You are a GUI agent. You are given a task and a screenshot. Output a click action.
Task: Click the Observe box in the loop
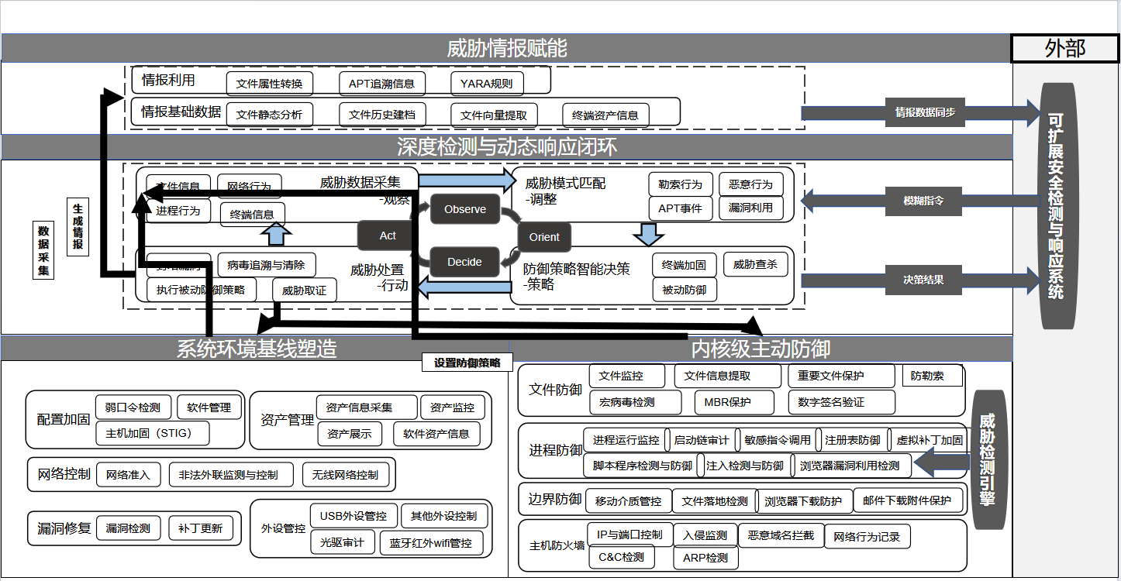tap(465, 209)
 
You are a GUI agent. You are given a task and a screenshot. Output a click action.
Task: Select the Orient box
tap(544, 237)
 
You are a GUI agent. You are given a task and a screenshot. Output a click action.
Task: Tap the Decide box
tap(464, 262)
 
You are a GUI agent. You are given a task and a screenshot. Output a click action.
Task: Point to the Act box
tap(388, 235)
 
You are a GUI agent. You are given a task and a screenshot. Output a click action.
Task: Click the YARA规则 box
tap(487, 84)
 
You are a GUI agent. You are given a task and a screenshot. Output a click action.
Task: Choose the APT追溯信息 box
tap(381, 84)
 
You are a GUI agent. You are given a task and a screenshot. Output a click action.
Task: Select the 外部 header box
tap(1065, 48)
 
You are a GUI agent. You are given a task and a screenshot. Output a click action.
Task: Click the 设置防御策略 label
tap(467, 363)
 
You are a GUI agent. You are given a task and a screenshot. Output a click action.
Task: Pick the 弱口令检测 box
tap(133, 407)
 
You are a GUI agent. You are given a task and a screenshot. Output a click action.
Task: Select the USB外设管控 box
tap(354, 516)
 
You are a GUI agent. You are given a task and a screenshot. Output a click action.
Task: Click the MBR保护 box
tap(727, 403)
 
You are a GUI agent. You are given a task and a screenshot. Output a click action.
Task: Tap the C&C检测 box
tap(622, 557)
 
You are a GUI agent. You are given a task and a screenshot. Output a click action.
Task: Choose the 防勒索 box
tap(933, 376)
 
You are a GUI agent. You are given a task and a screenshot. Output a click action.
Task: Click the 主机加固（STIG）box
tap(153, 433)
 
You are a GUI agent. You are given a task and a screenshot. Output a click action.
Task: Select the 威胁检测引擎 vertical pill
tap(988, 459)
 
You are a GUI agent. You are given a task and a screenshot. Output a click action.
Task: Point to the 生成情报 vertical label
tap(78, 227)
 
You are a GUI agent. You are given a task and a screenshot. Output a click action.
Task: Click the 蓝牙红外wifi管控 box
tap(431, 543)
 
